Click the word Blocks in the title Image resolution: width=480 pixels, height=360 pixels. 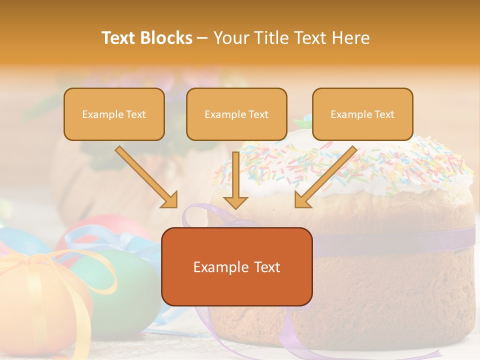[x=167, y=38]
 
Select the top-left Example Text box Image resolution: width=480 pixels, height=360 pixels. [x=114, y=114]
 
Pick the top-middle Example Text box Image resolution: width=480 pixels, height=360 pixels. [x=236, y=114]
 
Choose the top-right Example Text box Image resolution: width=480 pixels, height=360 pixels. [x=362, y=114]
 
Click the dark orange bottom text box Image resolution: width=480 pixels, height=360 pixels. [x=236, y=266]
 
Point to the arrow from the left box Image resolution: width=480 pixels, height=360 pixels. [x=146, y=177]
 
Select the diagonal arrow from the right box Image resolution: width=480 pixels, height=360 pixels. [x=325, y=177]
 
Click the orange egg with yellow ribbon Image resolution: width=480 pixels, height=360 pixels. [x=40, y=300]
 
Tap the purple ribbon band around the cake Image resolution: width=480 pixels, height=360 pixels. [x=400, y=242]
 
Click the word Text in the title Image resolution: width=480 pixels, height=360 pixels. [x=120, y=38]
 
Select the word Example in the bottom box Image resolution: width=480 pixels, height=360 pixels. [x=216, y=267]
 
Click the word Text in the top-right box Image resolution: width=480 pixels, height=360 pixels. [x=384, y=114]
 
